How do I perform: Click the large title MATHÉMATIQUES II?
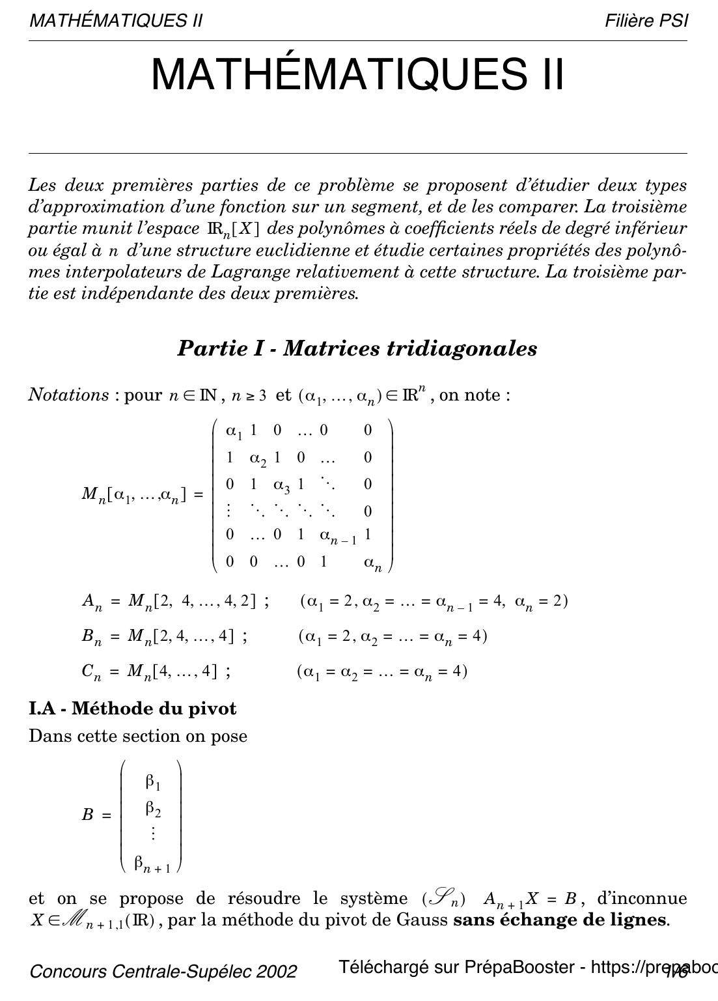pyautogui.click(x=357, y=75)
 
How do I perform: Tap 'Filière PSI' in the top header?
pyautogui.click(x=646, y=21)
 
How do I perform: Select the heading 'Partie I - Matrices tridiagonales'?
pyautogui.click(x=357, y=348)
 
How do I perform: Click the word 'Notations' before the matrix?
pyautogui.click(x=68, y=395)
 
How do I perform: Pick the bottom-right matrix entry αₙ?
pyautogui.click(x=372, y=563)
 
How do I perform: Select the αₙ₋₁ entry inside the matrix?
pyautogui.click(x=338, y=536)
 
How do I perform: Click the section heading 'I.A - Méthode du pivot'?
pyautogui.click(x=132, y=708)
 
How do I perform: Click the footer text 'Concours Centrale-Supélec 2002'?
pyautogui.click(x=163, y=972)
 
